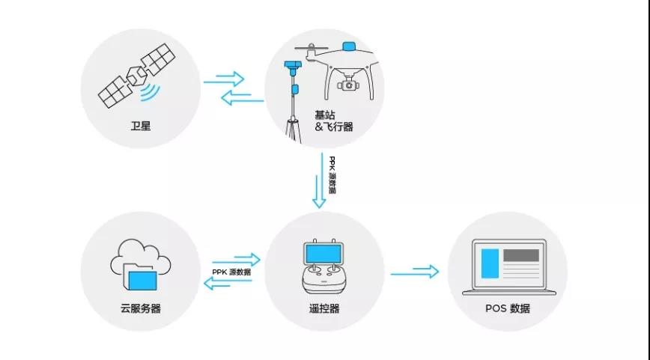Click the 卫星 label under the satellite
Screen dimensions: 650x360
coord(141,126)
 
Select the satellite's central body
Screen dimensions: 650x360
coord(137,76)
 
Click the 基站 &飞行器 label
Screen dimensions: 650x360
coord(334,121)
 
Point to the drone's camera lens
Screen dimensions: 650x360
coord(349,86)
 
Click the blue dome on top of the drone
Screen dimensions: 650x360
coord(349,46)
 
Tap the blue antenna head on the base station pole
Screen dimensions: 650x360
coord(293,65)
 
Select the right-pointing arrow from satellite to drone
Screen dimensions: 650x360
coord(223,79)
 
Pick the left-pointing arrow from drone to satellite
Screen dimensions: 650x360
coord(243,98)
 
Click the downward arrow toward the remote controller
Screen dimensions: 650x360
coord(320,180)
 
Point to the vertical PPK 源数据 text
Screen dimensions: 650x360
coord(332,175)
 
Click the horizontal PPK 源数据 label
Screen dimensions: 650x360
coord(231,272)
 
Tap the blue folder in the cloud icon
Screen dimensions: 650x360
coord(142,281)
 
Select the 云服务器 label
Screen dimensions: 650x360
coord(141,308)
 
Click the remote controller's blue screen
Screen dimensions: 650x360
coord(324,254)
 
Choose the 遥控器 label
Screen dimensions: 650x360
coord(324,308)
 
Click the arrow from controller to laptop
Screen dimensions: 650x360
coord(415,272)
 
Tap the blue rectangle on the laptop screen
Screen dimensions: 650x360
coord(490,263)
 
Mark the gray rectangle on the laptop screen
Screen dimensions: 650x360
coord(521,255)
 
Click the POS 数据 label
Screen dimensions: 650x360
coord(508,308)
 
